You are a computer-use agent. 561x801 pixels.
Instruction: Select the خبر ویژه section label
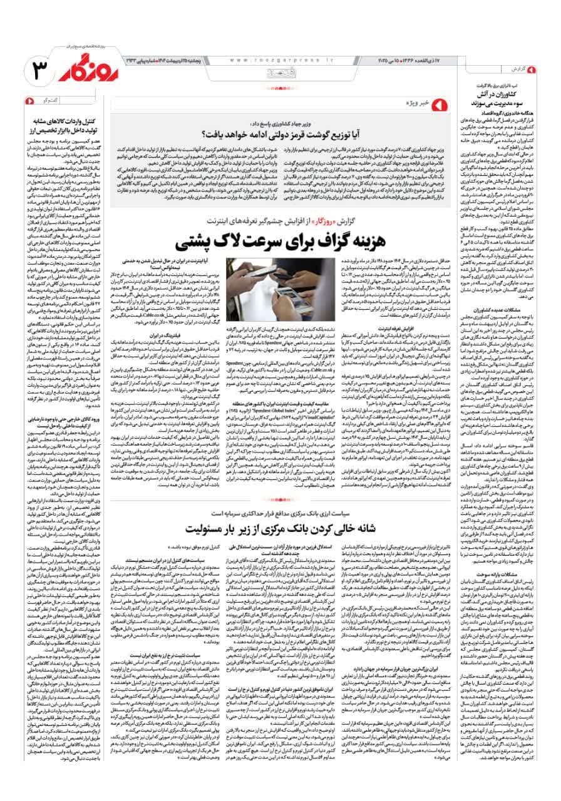[x=419, y=102]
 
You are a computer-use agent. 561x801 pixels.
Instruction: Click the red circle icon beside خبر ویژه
[x=439, y=102]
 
